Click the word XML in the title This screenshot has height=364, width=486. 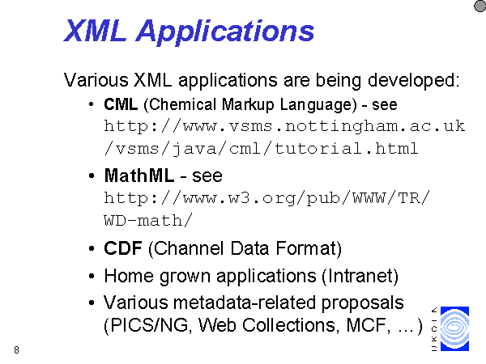(x=95, y=31)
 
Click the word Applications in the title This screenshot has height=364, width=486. (x=225, y=32)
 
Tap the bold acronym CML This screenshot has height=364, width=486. (x=121, y=104)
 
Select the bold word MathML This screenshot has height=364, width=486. (x=139, y=176)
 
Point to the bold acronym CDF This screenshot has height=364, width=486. (x=123, y=248)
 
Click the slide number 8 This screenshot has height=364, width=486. (x=16, y=349)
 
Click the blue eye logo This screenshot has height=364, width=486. (x=454, y=328)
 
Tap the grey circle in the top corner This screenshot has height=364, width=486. (x=480, y=6)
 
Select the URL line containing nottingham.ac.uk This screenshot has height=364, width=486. (x=284, y=126)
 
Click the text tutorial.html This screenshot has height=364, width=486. (x=346, y=148)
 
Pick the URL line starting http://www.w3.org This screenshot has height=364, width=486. (x=266, y=198)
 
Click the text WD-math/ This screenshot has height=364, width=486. (x=148, y=220)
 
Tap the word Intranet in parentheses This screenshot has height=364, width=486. (x=360, y=276)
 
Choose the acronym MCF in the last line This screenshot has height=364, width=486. (x=366, y=325)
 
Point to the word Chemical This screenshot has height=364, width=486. (x=182, y=104)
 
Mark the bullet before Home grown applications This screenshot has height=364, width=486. (x=91, y=276)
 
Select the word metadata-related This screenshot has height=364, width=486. (x=245, y=303)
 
